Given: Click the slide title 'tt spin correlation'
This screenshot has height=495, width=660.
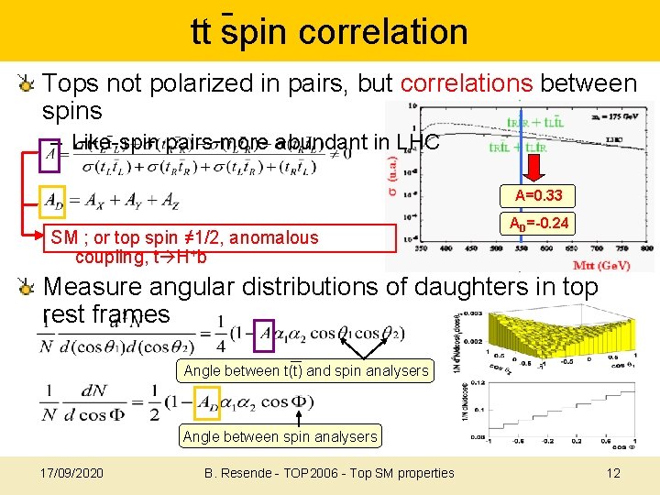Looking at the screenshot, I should click(x=329, y=31).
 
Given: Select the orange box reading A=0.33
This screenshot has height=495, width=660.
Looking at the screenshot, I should click(x=538, y=195).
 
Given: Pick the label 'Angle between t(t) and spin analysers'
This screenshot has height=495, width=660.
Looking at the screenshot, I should click(x=306, y=371).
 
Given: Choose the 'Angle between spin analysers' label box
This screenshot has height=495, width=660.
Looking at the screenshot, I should click(x=280, y=436).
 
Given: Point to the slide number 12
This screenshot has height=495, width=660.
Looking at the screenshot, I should click(x=613, y=473).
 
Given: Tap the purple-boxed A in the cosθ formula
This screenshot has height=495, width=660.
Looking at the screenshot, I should click(x=264, y=333).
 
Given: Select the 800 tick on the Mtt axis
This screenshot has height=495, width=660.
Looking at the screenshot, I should click(x=646, y=249).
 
